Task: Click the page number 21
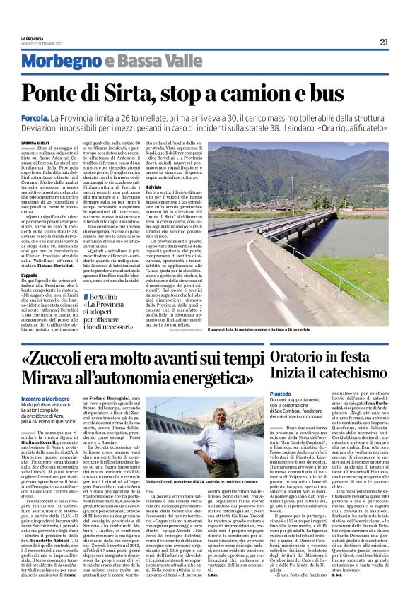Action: [385, 42]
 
